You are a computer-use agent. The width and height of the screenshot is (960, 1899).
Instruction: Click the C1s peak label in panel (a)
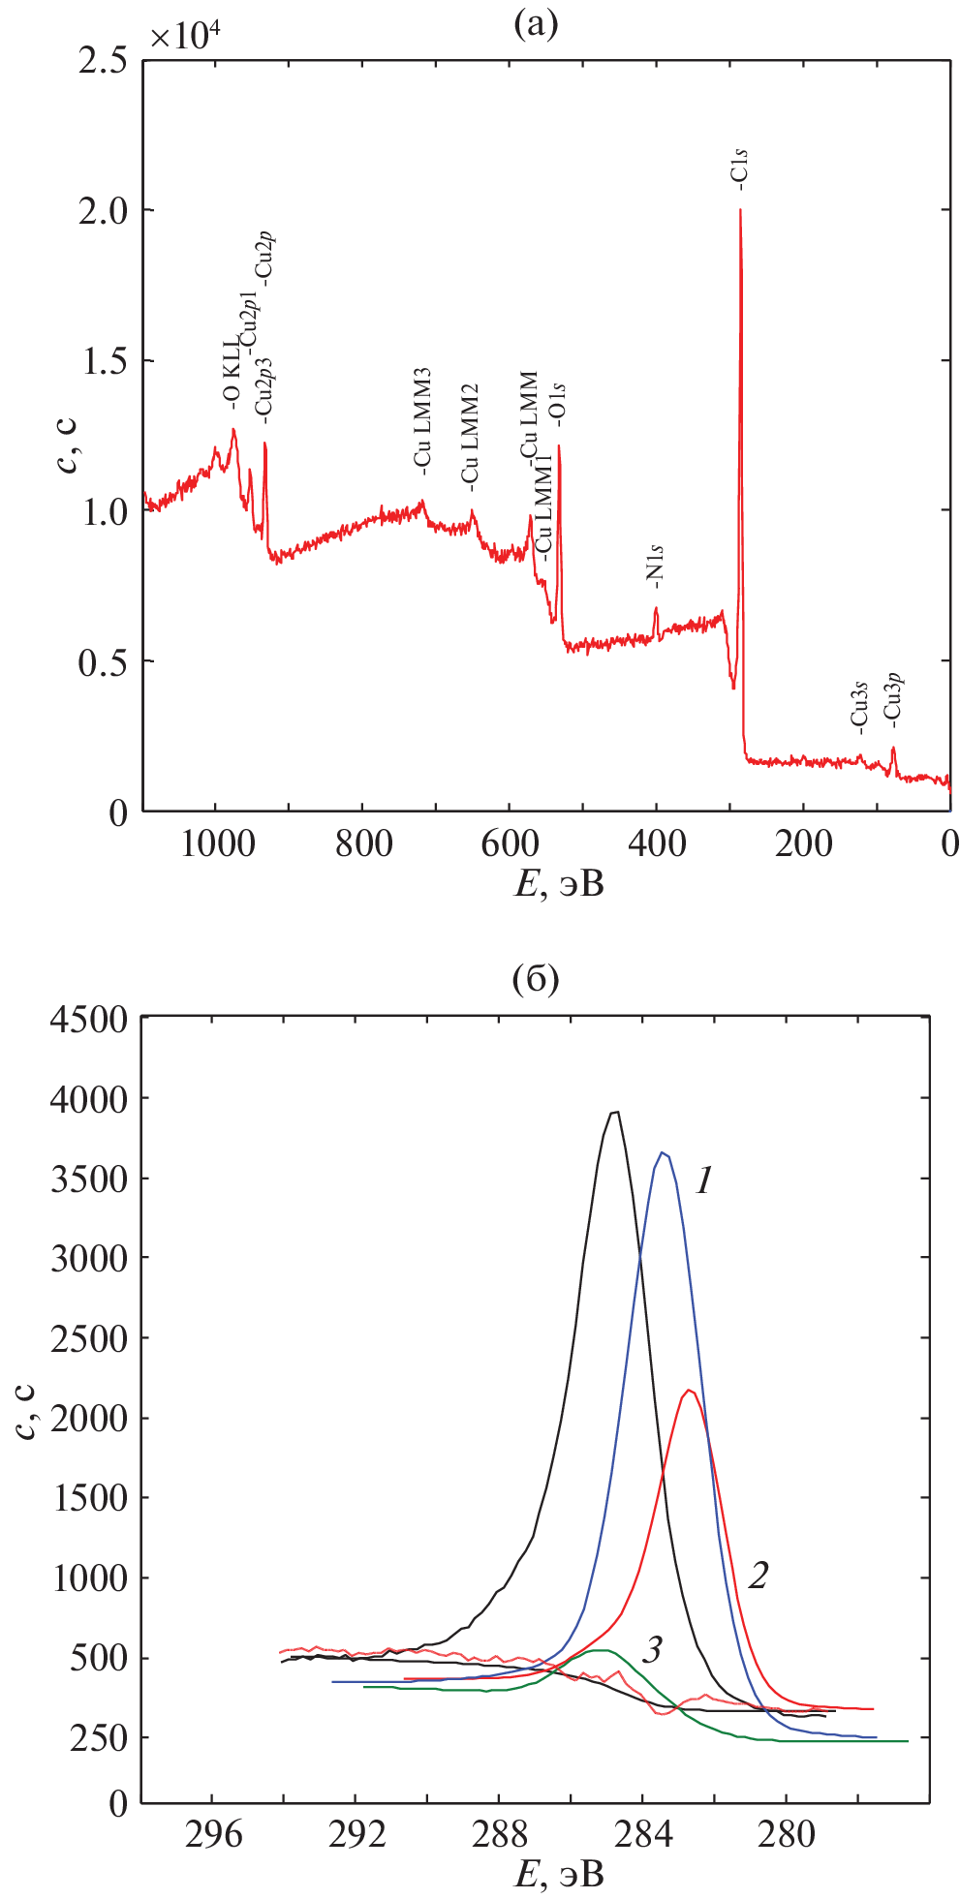[740, 167]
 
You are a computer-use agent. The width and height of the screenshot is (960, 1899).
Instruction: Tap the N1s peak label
[657, 567]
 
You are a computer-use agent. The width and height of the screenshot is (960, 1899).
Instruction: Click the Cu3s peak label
[859, 706]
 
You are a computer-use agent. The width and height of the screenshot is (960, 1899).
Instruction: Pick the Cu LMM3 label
[422, 421]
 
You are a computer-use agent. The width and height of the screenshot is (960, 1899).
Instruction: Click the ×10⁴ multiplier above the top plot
[186, 36]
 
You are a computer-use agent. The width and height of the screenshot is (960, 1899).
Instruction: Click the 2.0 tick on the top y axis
[104, 211]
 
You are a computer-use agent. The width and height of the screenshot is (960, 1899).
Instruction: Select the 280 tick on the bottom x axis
[785, 1834]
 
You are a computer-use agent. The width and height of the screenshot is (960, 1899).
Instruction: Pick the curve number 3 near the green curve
[653, 1649]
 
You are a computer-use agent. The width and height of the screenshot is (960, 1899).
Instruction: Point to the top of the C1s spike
[740, 210]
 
